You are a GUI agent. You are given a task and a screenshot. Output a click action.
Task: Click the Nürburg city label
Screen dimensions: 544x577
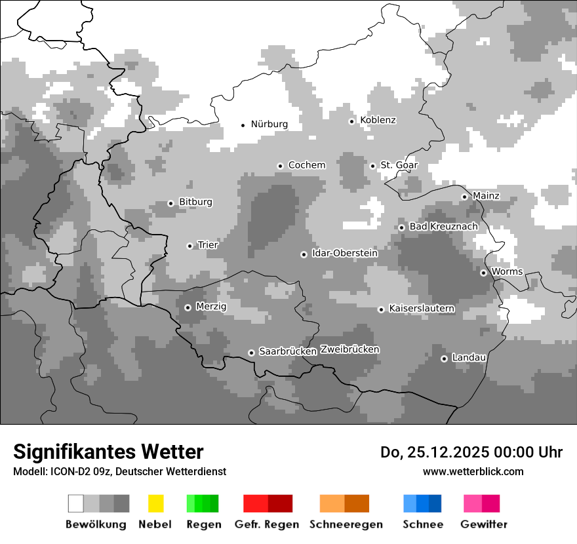pyautogui.click(x=269, y=124)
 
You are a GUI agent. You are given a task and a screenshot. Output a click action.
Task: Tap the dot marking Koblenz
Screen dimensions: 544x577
pyautogui.click(x=351, y=121)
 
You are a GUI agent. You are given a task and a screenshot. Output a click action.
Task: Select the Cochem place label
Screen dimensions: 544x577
pyautogui.click(x=306, y=165)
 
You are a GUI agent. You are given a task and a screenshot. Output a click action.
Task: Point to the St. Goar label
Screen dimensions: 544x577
pyautogui.click(x=399, y=165)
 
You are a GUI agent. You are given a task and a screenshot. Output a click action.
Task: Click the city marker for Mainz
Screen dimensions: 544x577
pyautogui.click(x=464, y=197)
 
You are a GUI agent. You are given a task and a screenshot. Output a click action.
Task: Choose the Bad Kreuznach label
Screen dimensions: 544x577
pyautogui.click(x=443, y=226)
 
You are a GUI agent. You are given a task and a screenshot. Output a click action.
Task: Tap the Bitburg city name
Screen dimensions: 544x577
pyautogui.click(x=195, y=202)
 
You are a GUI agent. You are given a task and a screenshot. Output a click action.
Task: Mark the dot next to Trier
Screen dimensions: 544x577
pyautogui.click(x=189, y=246)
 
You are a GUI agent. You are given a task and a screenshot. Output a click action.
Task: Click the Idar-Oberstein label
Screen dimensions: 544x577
pyautogui.click(x=344, y=253)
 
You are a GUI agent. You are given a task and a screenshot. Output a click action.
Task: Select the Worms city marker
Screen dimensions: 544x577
pyautogui.click(x=483, y=273)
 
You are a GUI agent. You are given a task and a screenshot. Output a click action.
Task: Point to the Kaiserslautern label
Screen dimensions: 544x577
pyautogui.click(x=422, y=308)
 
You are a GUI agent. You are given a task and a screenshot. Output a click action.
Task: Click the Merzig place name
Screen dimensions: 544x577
pyautogui.click(x=211, y=306)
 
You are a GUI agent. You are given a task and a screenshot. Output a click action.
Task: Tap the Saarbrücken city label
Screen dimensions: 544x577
pyautogui.click(x=288, y=351)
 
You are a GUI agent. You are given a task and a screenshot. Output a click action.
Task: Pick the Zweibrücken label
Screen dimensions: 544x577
pyautogui.click(x=349, y=349)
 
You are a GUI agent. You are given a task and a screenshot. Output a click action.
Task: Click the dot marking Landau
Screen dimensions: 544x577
pyautogui.click(x=444, y=359)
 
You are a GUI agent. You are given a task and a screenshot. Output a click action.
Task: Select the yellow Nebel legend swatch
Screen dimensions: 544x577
pyautogui.click(x=155, y=503)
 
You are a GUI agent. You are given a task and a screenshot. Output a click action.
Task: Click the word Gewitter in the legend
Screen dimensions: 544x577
pyautogui.click(x=484, y=524)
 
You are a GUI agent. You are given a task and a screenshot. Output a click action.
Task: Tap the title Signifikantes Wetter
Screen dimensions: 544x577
pyautogui.click(x=108, y=452)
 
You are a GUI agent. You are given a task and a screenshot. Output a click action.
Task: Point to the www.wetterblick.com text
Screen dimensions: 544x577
pyautogui.click(x=473, y=471)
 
